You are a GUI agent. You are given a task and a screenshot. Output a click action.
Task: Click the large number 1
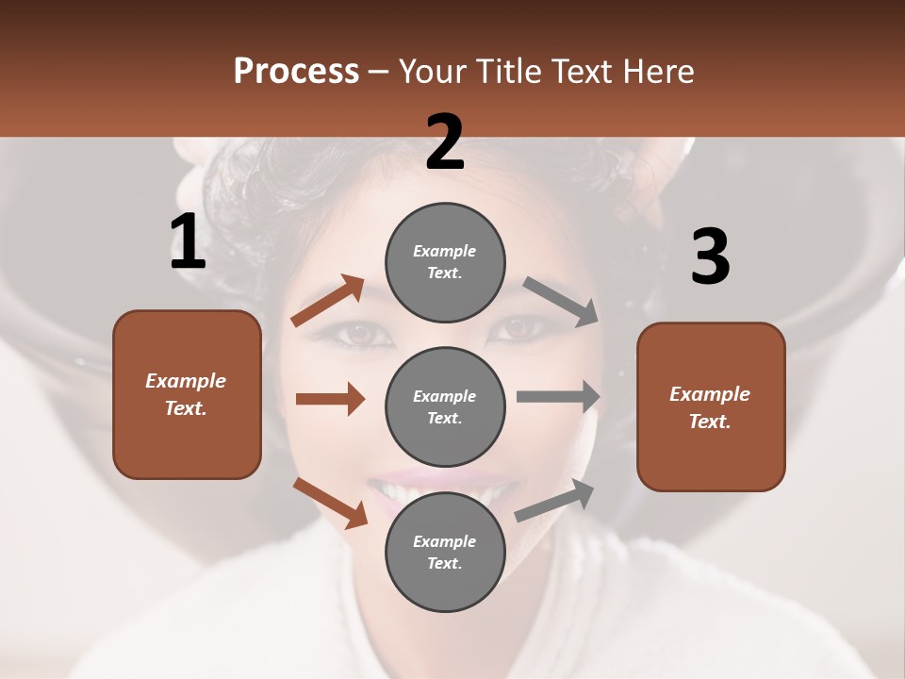click(188, 243)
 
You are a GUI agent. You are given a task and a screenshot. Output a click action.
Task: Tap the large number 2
click(445, 142)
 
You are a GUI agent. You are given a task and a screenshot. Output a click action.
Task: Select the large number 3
click(710, 257)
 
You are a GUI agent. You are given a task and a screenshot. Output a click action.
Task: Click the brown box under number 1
click(187, 394)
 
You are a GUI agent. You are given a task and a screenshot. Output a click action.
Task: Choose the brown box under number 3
click(711, 406)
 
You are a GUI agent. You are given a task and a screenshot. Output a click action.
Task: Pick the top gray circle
click(445, 262)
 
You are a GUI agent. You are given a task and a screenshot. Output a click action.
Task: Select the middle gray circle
click(445, 406)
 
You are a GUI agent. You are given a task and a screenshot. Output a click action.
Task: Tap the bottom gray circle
click(445, 552)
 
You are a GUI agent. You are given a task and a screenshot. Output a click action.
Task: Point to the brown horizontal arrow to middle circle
click(330, 399)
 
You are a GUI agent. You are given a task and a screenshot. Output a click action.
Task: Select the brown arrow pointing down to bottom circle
click(331, 502)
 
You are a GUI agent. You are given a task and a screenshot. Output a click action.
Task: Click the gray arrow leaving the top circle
click(561, 301)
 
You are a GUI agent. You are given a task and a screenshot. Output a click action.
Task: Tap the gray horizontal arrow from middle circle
click(558, 396)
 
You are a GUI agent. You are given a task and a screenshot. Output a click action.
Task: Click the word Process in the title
click(296, 71)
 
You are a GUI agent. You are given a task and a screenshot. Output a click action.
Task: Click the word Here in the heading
click(660, 71)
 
